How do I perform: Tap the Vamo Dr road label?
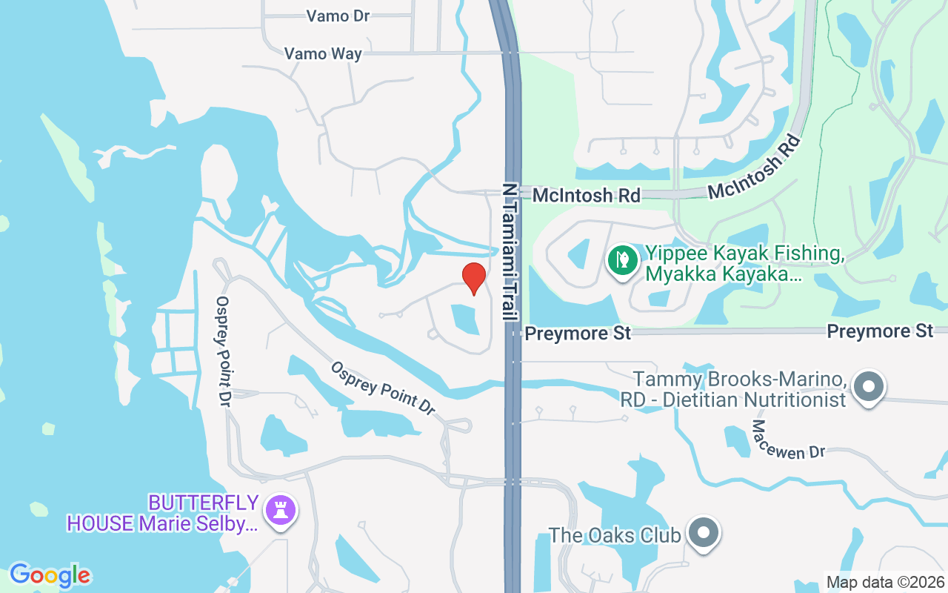point(338,16)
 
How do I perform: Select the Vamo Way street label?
point(324,53)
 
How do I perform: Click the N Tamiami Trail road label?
point(510,251)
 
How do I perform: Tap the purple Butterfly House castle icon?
point(281,511)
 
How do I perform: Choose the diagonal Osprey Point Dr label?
point(382,388)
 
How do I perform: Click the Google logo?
point(50,575)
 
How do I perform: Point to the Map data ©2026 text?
point(885,582)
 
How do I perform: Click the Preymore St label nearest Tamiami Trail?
point(578,334)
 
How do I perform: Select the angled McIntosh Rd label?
point(755,168)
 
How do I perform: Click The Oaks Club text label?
point(614,534)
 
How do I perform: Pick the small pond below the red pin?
point(464,319)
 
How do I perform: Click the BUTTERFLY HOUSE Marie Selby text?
point(163,513)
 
